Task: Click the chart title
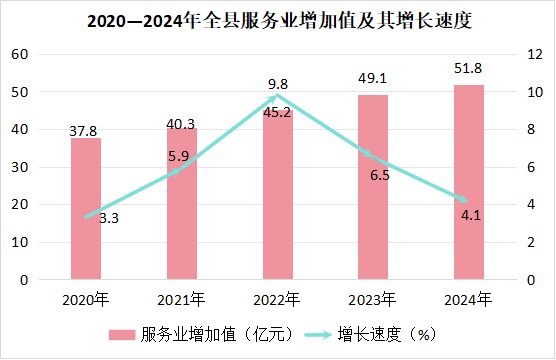coord(279,21)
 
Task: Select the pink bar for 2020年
coord(86,209)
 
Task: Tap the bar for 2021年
coord(182,204)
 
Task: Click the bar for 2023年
coord(373,187)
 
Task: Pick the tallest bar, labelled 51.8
coord(469,182)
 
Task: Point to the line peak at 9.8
coord(278,95)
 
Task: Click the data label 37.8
coord(83,131)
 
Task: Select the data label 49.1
coord(372,78)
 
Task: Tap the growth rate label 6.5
coord(380,175)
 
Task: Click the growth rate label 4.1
coord(471,215)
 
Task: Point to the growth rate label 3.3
coord(109,218)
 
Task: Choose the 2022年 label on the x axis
coord(277,300)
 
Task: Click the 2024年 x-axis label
coord(468,300)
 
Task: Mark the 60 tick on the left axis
coord(20,54)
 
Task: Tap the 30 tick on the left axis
coord(20,167)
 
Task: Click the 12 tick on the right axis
coord(535,54)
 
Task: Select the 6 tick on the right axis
coord(531,167)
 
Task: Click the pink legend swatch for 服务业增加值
coord(122,335)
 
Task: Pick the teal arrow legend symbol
coord(318,335)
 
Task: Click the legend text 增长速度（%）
coord(387,334)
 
